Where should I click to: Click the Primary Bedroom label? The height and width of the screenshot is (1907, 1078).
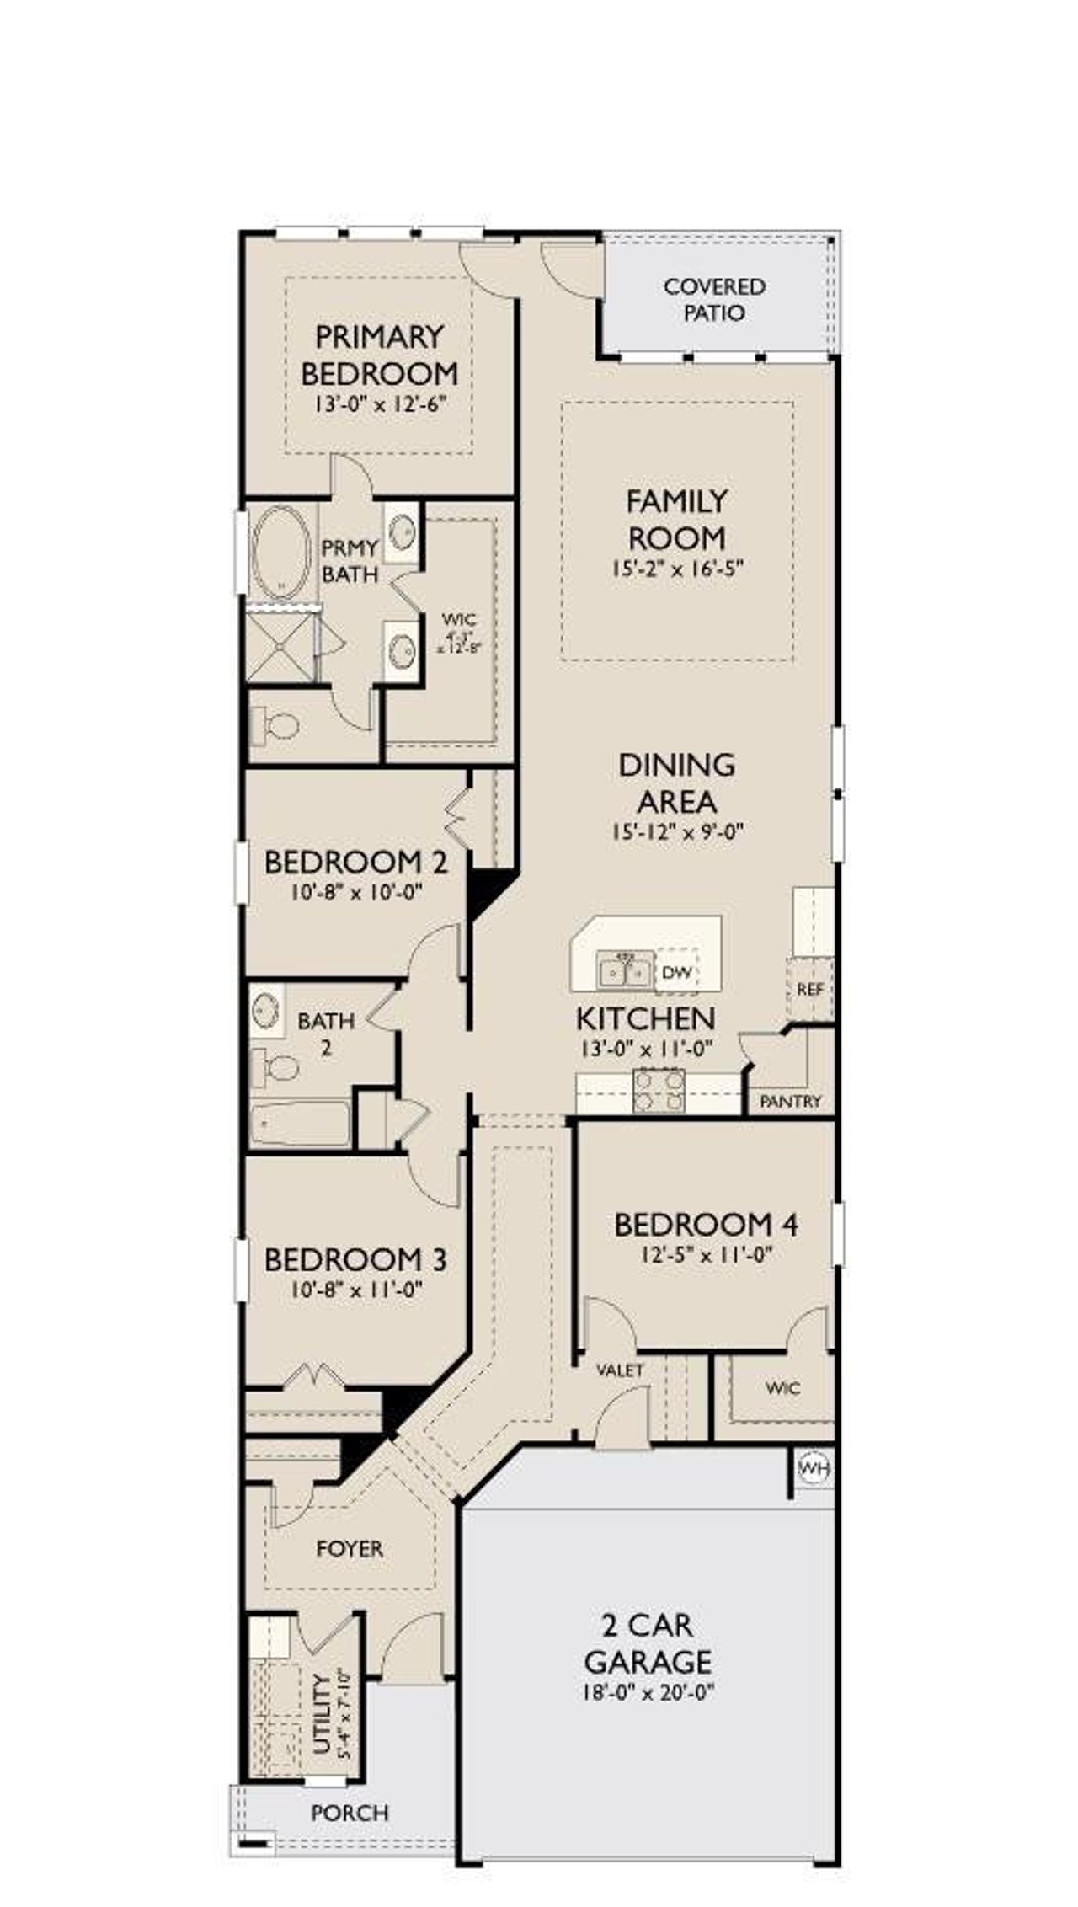379,355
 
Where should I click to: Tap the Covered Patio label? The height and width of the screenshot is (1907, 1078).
714,300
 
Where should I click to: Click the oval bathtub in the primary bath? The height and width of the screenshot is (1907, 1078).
281,551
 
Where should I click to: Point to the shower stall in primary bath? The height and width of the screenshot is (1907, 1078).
280,647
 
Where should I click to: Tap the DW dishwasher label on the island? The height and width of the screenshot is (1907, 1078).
676,973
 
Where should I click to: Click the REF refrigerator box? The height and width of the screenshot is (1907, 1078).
809,989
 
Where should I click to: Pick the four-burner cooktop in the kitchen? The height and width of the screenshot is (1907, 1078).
659,1091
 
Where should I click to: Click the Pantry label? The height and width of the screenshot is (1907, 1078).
790,1101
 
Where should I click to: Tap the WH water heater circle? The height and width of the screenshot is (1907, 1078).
814,1469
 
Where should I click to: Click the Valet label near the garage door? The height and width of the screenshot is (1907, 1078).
620,1370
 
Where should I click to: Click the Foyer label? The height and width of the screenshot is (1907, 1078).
350,1549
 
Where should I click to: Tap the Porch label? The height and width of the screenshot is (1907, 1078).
350,1812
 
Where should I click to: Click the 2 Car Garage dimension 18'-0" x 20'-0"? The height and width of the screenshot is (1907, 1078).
647,1691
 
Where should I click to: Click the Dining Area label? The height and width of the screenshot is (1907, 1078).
677,783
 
